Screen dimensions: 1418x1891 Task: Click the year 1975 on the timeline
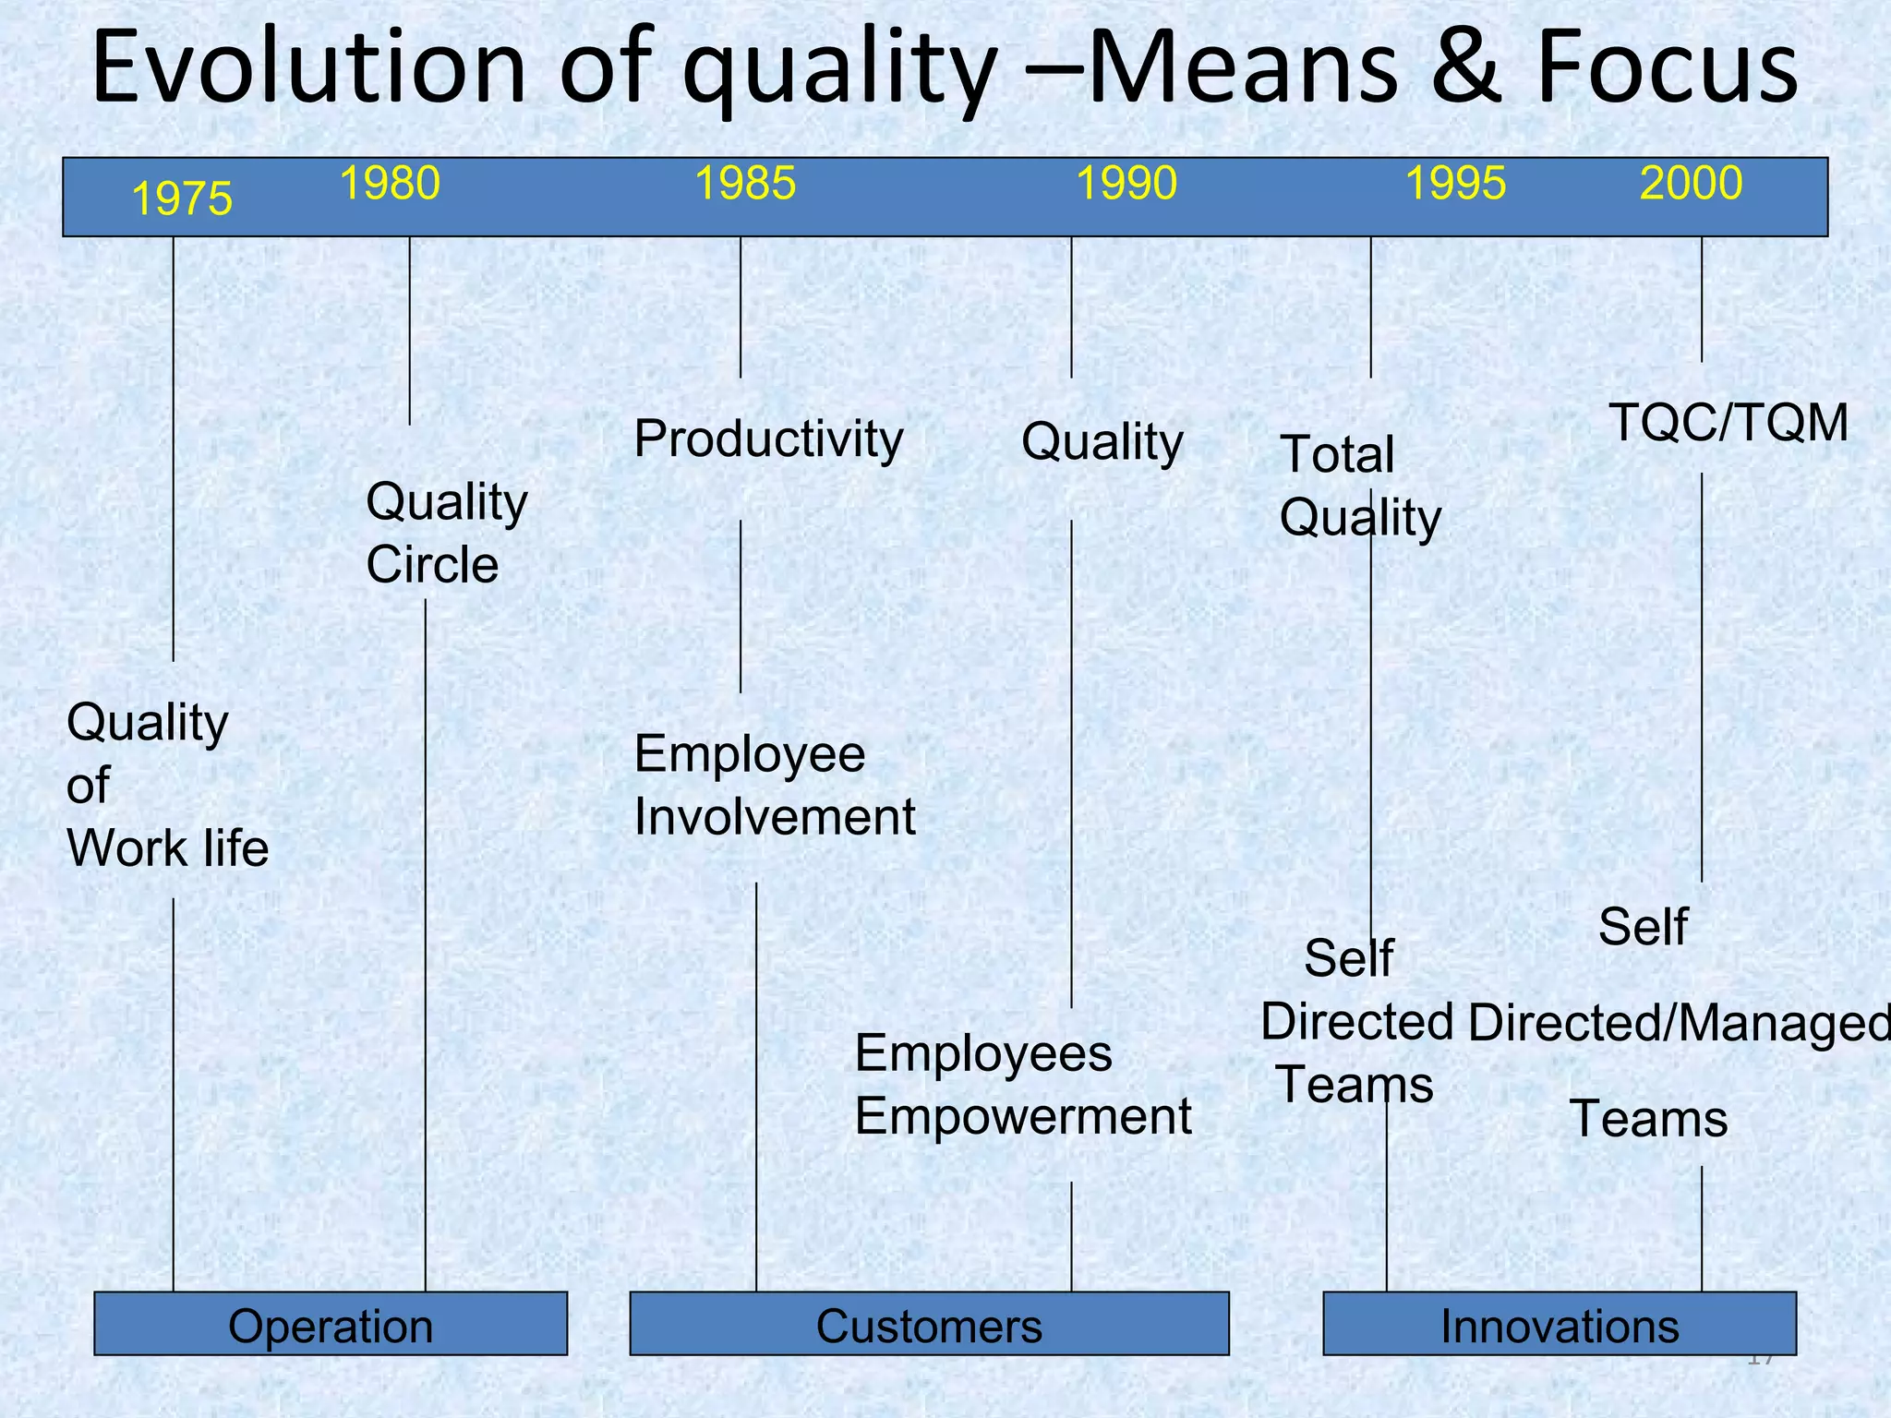[x=182, y=199]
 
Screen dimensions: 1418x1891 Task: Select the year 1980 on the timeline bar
[x=390, y=183]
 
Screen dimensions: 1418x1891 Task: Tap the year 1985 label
[x=744, y=183]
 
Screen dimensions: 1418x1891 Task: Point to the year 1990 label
[x=1126, y=183]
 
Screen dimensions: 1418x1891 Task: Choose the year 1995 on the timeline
[x=1455, y=183]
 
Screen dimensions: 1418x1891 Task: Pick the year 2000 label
[x=1691, y=183]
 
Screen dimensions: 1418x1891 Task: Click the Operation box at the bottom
[x=331, y=1326]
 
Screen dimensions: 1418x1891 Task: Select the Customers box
[x=929, y=1326]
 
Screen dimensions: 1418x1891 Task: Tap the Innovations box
[x=1560, y=1326]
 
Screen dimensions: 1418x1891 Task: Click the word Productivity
[x=768, y=439]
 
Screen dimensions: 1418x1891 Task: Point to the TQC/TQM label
[x=1728, y=423]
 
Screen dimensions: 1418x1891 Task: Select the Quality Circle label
[x=447, y=533]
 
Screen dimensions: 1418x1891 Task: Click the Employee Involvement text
[x=774, y=785]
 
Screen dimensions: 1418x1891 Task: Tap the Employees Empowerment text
[x=1022, y=1085]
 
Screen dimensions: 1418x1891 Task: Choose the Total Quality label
[x=1359, y=486]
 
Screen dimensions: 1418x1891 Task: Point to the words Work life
[x=167, y=848]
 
